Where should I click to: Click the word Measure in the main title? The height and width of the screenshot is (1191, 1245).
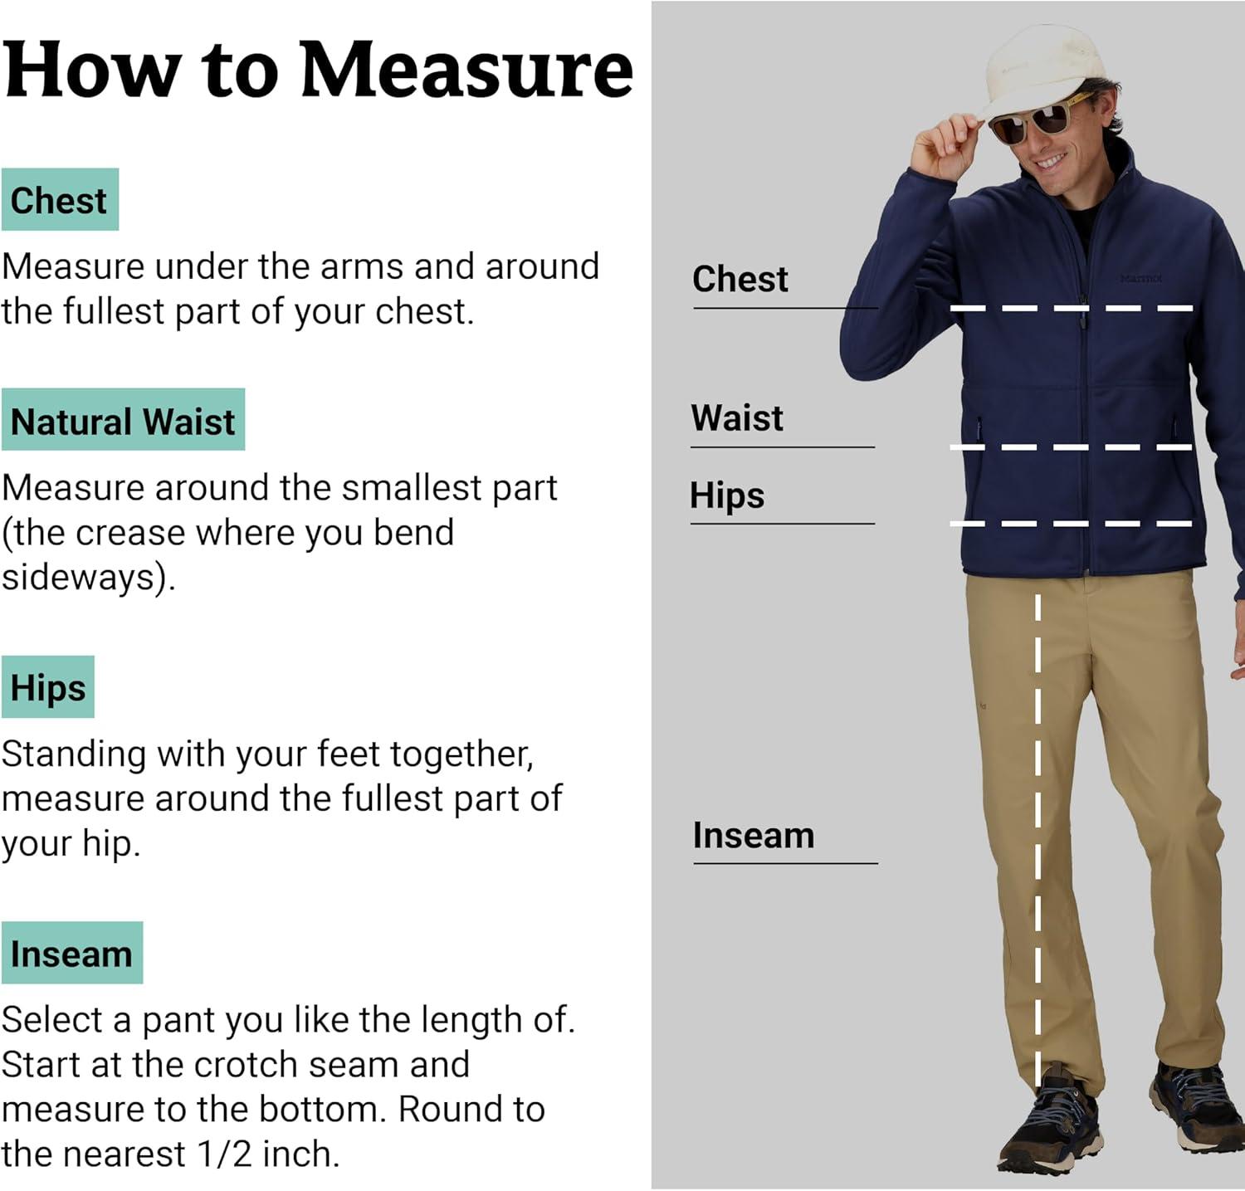click(466, 70)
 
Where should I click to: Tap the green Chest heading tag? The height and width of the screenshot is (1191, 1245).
click(60, 200)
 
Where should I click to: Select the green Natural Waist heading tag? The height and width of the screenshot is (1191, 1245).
click(123, 420)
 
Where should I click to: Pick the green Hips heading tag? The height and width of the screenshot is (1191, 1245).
click(48, 687)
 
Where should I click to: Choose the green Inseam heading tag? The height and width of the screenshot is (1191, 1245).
click(72, 953)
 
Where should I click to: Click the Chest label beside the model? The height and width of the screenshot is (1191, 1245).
click(740, 279)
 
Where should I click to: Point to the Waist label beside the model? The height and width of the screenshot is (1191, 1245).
click(737, 417)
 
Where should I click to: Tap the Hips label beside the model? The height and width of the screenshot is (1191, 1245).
click(727, 496)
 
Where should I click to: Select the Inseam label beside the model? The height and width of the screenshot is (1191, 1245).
click(754, 835)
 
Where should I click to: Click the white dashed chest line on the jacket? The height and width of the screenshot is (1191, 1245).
click(1072, 309)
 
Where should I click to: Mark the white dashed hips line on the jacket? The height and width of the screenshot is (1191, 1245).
click(1072, 524)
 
